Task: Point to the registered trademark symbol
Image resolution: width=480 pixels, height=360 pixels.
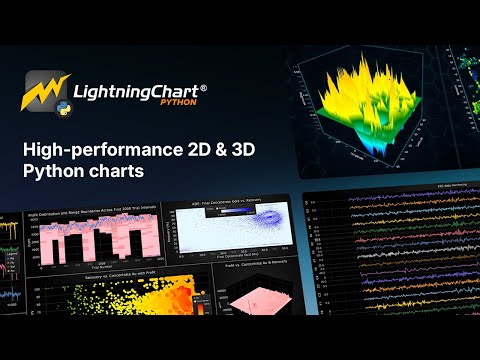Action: pyautogui.click(x=204, y=87)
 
